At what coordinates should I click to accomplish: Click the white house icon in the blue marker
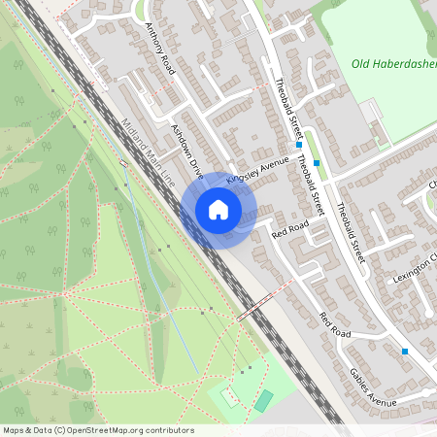pos(218,210)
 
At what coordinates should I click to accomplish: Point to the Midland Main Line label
pos(148,151)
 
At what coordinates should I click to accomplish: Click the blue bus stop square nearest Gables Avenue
pos(405,352)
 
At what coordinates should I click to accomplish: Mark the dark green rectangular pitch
pos(264,400)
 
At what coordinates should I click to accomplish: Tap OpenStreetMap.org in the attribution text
pos(108,430)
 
